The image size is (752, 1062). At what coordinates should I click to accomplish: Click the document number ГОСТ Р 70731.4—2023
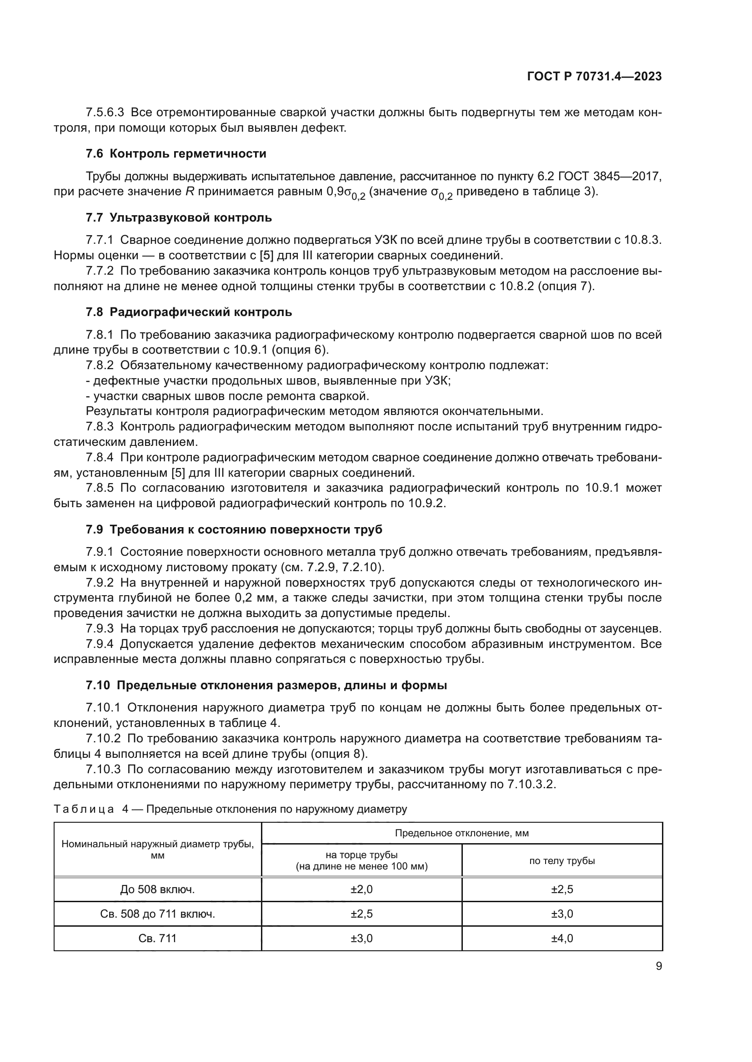pos(594,77)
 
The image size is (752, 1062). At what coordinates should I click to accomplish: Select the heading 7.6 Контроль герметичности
pos(176,153)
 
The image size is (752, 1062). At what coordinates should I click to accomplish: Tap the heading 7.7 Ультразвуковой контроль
pos(179,217)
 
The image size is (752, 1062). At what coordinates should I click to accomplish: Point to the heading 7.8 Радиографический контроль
pos(189,312)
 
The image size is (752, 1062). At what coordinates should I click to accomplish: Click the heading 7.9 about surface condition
pos(234,529)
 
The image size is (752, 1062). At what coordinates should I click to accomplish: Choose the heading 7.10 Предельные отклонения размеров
pos(266,686)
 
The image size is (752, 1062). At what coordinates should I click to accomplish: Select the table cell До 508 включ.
pos(157,889)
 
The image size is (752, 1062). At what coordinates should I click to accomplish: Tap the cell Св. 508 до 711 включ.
pos(157,914)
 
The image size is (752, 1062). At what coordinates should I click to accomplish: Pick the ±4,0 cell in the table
pos(561,939)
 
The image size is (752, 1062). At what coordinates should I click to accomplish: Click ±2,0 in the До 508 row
pos(361,889)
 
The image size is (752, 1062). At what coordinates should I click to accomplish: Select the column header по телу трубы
pos(561,861)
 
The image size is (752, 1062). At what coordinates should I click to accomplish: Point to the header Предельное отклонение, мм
pos(461,834)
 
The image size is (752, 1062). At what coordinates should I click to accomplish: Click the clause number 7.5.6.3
pos(105,113)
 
